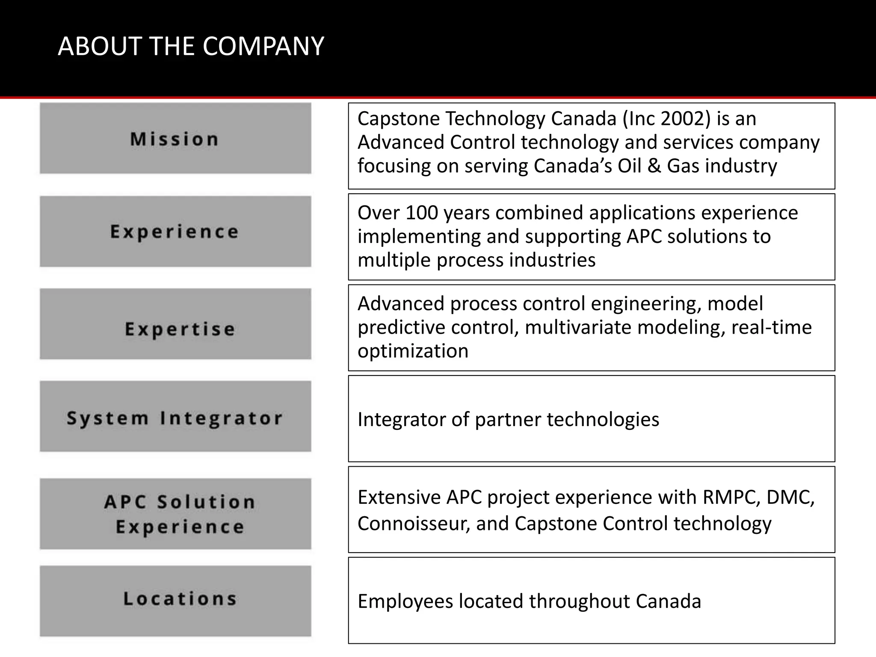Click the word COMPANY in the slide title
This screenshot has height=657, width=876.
tap(263, 46)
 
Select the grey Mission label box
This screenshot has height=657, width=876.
tap(175, 139)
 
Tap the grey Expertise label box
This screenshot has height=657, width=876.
tap(175, 324)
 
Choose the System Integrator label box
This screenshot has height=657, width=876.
tap(175, 417)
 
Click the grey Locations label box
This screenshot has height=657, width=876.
tap(175, 601)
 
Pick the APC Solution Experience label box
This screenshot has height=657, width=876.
tap(175, 513)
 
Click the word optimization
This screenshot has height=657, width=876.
tap(413, 351)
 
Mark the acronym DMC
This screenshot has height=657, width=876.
tap(790, 497)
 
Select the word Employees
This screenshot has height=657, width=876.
tap(405, 601)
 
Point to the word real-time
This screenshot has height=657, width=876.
tap(771, 328)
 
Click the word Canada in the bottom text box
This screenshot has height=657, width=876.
tap(668, 601)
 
